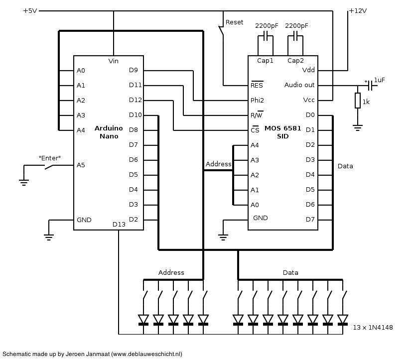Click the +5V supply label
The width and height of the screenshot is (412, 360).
coord(30,11)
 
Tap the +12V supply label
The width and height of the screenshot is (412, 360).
coord(358,11)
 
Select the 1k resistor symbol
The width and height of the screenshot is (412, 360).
coord(358,100)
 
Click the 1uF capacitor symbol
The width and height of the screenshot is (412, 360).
coord(371,85)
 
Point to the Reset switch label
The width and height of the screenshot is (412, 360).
coord(234,22)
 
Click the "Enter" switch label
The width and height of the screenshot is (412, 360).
coord(50,158)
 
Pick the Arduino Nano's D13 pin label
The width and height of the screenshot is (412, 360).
coord(119,225)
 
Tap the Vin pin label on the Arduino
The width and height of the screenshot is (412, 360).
coord(113,61)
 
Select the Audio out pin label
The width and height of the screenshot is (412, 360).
coord(299,85)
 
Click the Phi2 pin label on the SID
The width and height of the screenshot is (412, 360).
coord(257,100)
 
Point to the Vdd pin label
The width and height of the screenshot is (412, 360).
coord(308,70)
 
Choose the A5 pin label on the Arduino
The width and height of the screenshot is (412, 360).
coord(81,165)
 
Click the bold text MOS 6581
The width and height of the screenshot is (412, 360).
coord(283,128)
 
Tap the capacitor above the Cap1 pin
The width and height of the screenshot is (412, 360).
coord(266,36)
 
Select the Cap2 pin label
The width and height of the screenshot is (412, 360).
coord(295,61)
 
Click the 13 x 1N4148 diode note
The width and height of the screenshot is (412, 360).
coord(373,328)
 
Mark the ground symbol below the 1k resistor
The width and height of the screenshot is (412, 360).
coord(358,127)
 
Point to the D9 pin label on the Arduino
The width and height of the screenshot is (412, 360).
coord(133,70)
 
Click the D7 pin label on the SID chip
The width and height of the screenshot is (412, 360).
coord(310,219)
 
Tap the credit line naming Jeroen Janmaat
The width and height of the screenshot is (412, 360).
coord(92,354)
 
